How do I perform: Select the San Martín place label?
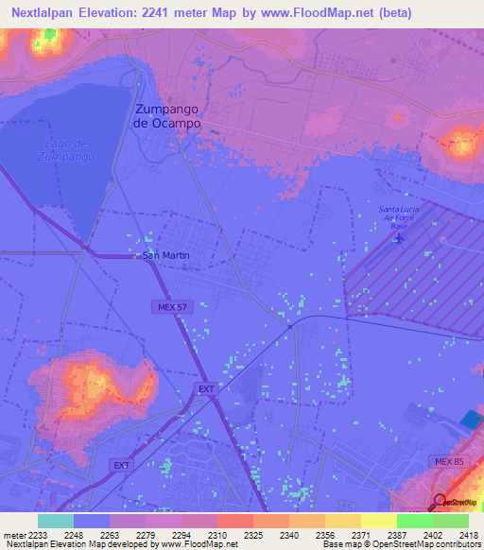[x=165, y=255]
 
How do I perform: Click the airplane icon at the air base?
[x=399, y=236]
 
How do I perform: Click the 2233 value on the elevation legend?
[x=38, y=535]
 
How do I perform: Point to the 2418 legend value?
[x=468, y=535]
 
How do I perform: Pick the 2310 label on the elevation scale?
[x=216, y=535]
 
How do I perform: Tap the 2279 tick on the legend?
[x=145, y=535]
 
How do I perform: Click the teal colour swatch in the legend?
[x=56, y=521]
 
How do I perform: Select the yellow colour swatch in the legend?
[x=378, y=521]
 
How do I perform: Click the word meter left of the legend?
[x=15, y=535]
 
